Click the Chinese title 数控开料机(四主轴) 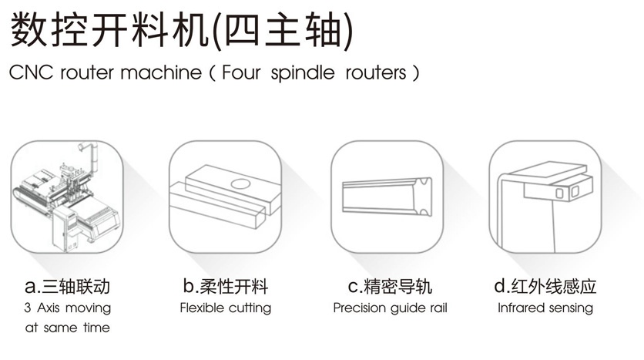click(181, 30)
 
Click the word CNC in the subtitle click(32, 72)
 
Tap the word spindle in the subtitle click(303, 73)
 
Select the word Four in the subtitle click(242, 72)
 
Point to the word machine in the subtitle click(161, 72)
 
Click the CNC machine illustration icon click(67, 197)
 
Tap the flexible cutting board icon click(226, 197)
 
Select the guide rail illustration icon click(387, 197)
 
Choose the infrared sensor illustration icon click(545, 197)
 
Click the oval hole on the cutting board click(240, 183)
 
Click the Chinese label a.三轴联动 click(67, 287)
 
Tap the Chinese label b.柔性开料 click(226, 286)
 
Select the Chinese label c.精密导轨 click(390, 286)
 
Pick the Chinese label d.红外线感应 click(545, 286)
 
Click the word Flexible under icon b click(202, 308)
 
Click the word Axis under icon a click(49, 308)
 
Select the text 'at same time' click(67, 328)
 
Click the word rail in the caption click(438, 308)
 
